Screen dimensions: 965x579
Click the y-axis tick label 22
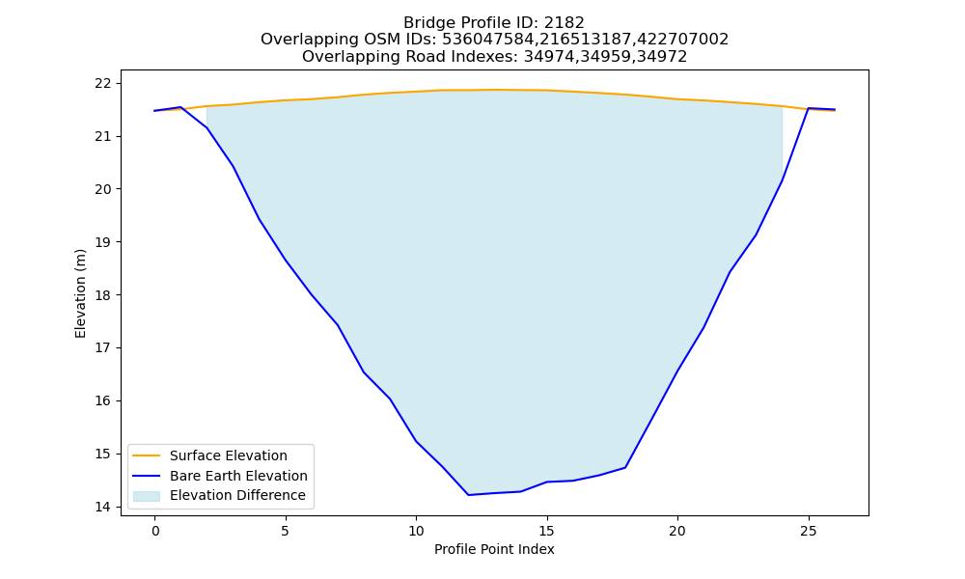point(103,83)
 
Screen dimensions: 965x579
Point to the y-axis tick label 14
point(103,507)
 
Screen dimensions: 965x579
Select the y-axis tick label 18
point(103,295)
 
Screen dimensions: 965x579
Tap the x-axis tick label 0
point(155,531)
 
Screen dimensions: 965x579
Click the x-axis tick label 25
point(809,531)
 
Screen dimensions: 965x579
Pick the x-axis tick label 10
point(416,531)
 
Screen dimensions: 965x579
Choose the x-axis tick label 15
point(547,531)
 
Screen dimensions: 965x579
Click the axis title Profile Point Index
point(494,549)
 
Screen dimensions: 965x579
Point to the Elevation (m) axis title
point(81,293)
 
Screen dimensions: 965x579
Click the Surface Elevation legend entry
point(229,455)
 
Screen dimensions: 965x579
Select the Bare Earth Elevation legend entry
point(238,476)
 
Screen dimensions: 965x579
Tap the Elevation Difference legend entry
point(237,495)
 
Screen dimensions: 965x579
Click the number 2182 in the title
point(564,23)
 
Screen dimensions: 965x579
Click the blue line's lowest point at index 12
point(468,495)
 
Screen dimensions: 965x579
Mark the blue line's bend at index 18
point(625,468)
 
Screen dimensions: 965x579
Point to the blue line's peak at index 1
point(181,107)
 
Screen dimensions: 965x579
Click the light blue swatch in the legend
point(147,496)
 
